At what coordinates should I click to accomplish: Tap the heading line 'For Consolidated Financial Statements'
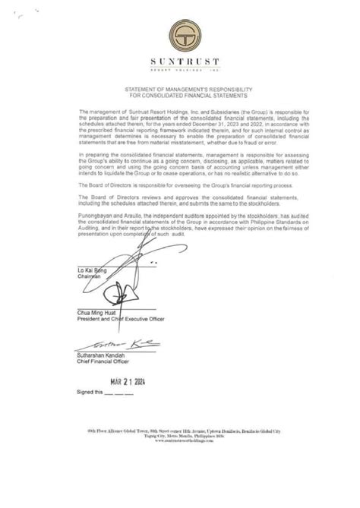(x=180, y=96)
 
